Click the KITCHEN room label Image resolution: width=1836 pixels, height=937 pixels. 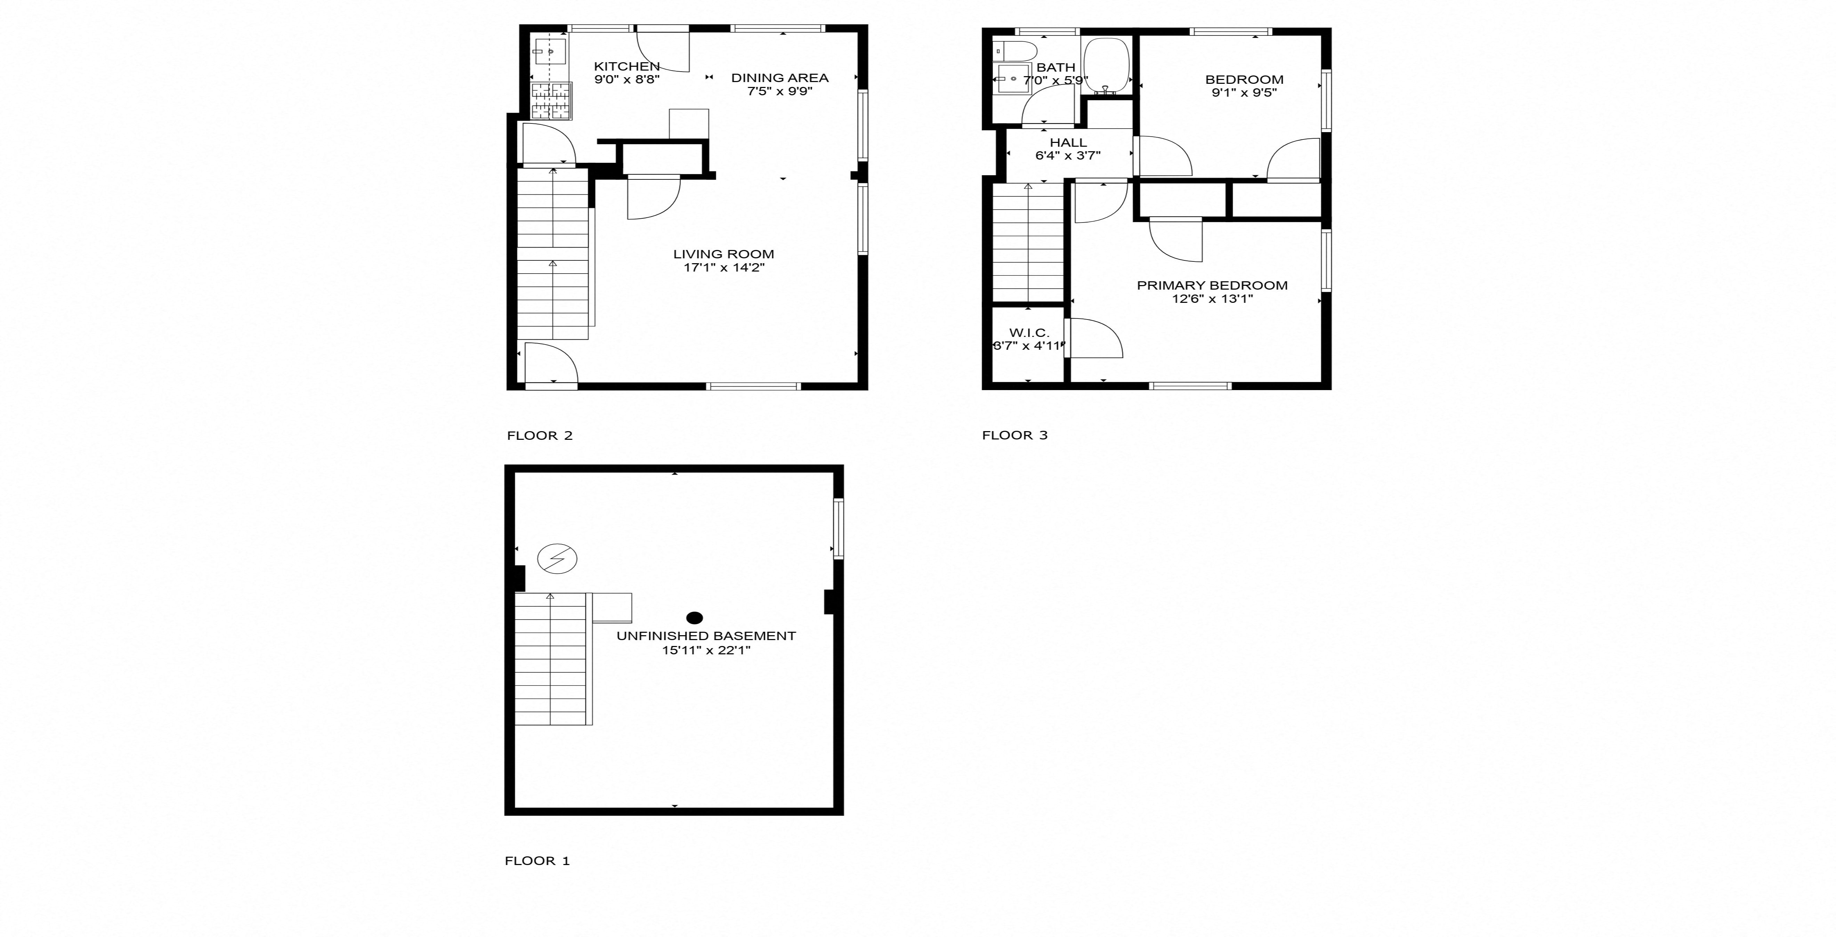point(627,66)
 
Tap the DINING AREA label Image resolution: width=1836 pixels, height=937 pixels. point(780,78)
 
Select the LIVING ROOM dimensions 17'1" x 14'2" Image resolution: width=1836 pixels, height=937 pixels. point(723,268)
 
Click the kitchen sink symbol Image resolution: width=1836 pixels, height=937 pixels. point(550,52)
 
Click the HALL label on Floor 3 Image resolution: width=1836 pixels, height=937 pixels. point(1068,143)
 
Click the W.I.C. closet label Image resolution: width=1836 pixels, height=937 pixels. point(1028,333)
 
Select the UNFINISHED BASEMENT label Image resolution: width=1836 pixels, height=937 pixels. point(706,636)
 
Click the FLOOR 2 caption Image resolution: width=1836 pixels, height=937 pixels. point(540,435)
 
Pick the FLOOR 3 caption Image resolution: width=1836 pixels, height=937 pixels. point(1014,435)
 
